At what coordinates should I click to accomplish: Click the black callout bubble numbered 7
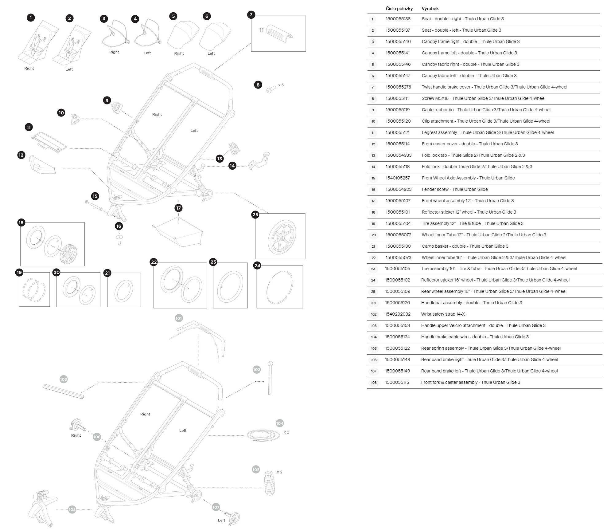(x=251, y=14)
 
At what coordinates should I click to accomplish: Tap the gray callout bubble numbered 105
(x=256, y=470)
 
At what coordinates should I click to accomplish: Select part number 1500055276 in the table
(x=398, y=87)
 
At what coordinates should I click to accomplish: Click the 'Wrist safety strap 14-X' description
(x=443, y=314)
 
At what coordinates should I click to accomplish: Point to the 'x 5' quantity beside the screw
(x=281, y=85)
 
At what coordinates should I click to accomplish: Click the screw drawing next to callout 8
(x=270, y=89)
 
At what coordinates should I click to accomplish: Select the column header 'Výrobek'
(x=430, y=9)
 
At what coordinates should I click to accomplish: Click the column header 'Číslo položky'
(x=399, y=9)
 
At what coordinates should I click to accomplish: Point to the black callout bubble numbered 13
(x=220, y=159)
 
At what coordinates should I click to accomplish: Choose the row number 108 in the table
(x=374, y=383)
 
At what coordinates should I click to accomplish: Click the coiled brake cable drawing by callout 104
(x=263, y=436)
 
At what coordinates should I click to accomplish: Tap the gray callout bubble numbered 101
(x=179, y=318)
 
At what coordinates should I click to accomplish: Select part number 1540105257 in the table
(x=398, y=178)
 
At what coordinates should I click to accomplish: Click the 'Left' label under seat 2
(x=69, y=69)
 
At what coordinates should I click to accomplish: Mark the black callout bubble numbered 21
(x=107, y=273)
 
